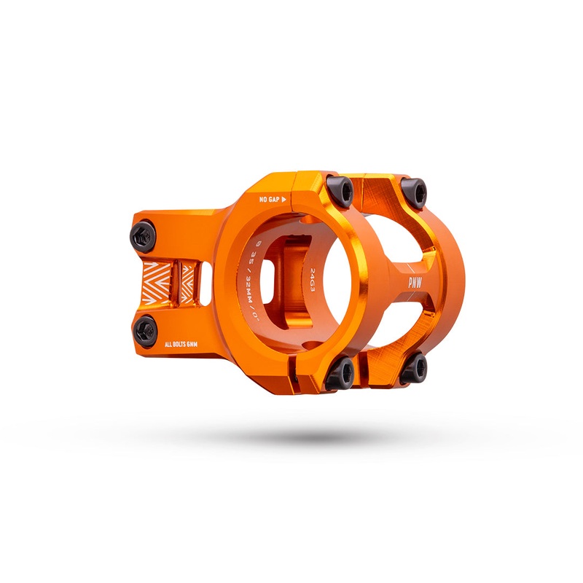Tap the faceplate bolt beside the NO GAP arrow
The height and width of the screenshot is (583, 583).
[340, 191]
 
